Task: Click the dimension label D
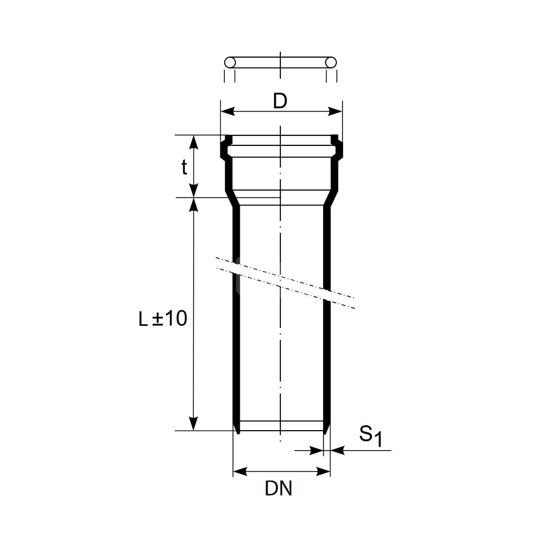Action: [x=280, y=101]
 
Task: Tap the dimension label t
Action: [x=184, y=167]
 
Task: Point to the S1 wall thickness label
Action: [x=371, y=436]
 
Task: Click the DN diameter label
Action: [x=279, y=489]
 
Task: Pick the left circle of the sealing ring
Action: [x=230, y=63]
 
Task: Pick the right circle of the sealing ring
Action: [x=331, y=63]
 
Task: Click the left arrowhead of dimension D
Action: [x=228, y=112]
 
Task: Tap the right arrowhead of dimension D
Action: [x=335, y=112]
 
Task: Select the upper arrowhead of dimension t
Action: [x=193, y=142]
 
